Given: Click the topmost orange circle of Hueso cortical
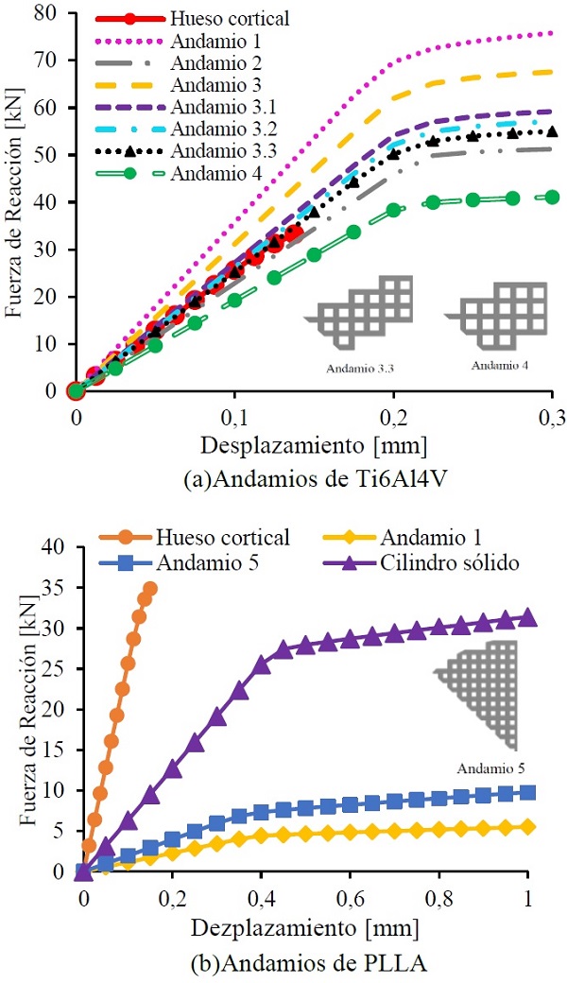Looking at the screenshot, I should point(148,589).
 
